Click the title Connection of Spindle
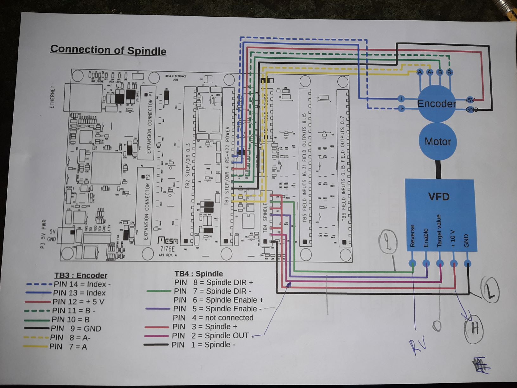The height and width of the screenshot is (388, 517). (x=108, y=50)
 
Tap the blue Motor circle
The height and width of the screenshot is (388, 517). (x=437, y=141)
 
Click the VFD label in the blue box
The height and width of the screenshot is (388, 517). (x=439, y=197)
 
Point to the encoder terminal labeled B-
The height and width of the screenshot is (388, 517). (x=450, y=73)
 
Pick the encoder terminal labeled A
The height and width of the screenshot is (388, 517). (x=420, y=72)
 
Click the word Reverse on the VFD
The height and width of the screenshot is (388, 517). (x=412, y=236)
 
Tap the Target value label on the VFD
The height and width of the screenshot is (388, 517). (x=439, y=231)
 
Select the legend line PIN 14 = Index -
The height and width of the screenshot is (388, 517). (x=82, y=284)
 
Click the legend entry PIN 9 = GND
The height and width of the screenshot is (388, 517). (x=76, y=329)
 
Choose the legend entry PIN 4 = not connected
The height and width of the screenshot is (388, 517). (x=213, y=318)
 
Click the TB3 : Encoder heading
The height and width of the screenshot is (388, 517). (x=81, y=275)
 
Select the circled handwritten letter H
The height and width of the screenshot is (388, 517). (x=474, y=329)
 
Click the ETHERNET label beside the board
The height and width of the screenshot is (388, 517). (x=52, y=97)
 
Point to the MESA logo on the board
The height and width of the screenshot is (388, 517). (x=168, y=241)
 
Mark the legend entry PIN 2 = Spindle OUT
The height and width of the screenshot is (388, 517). (x=211, y=336)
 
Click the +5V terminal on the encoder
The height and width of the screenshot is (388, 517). (x=469, y=100)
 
